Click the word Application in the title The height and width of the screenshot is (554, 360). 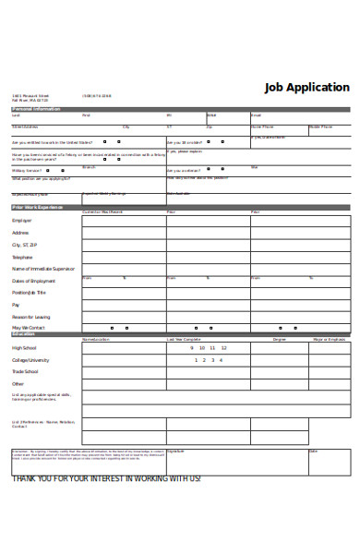tap(319, 87)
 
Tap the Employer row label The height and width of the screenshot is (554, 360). tap(21, 221)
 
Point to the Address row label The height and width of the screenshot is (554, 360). tap(20, 233)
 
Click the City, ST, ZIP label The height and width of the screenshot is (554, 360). tap(24, 245)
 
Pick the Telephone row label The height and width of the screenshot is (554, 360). tap(22, 257)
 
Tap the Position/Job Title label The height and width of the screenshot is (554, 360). tap(30, 293)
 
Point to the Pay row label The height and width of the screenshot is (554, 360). tap(16, 304)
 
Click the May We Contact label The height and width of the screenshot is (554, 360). tap(28, 328)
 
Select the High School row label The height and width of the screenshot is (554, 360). tap(24, 347)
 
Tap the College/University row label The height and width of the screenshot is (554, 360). tap(30, 360)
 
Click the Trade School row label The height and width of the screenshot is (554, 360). tap(25, 371)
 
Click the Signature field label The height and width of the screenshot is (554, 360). tap(176, 452)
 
